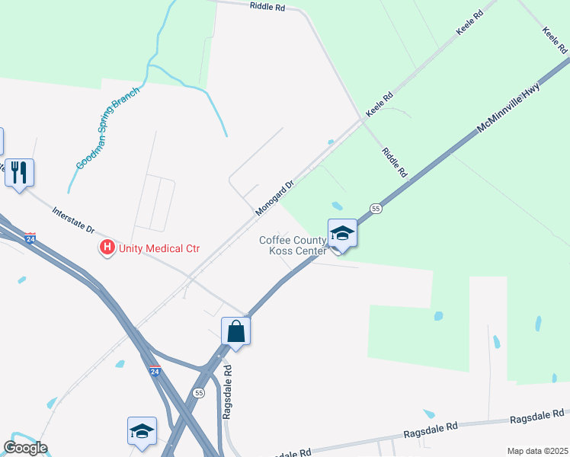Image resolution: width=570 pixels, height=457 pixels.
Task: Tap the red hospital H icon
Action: (x=107, y=248)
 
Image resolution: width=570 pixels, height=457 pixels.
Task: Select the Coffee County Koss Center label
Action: (x=293, y=245)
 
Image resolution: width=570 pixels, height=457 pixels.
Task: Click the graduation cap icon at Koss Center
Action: (x=342, y=233)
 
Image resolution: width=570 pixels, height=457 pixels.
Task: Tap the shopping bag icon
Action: (x=235, y=331)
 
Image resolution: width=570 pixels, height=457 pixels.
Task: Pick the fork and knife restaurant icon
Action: (x=19, y=173)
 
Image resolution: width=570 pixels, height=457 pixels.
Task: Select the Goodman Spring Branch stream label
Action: (x=108, y=128)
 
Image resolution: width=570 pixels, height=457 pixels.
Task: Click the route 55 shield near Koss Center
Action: (x=376, y=208)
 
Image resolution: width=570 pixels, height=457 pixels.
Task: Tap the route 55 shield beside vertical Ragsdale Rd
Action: (x=199, y=393)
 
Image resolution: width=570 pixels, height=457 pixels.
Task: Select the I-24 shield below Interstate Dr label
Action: (x=30, y=238)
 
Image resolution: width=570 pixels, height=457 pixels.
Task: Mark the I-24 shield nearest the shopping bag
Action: (x=155, y=372)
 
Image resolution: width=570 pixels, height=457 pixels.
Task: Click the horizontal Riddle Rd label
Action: (x=267, y=6)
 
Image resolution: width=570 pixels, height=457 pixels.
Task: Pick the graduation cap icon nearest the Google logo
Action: (x=142, y=431)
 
